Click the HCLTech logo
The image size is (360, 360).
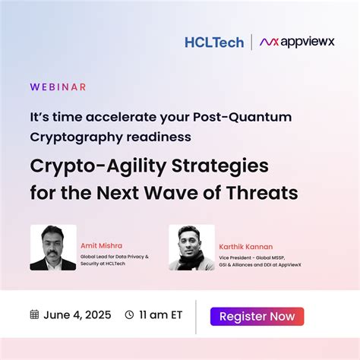point(214,43)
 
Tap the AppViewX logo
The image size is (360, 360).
point(298,43)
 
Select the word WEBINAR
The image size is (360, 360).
point(58,87)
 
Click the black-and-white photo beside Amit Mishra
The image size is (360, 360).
point(52,248)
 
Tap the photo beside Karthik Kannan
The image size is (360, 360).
point(191,248)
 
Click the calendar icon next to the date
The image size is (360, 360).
point(34,314)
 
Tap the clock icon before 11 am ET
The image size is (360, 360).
point(129,314)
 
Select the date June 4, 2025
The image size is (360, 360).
point(76,314)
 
